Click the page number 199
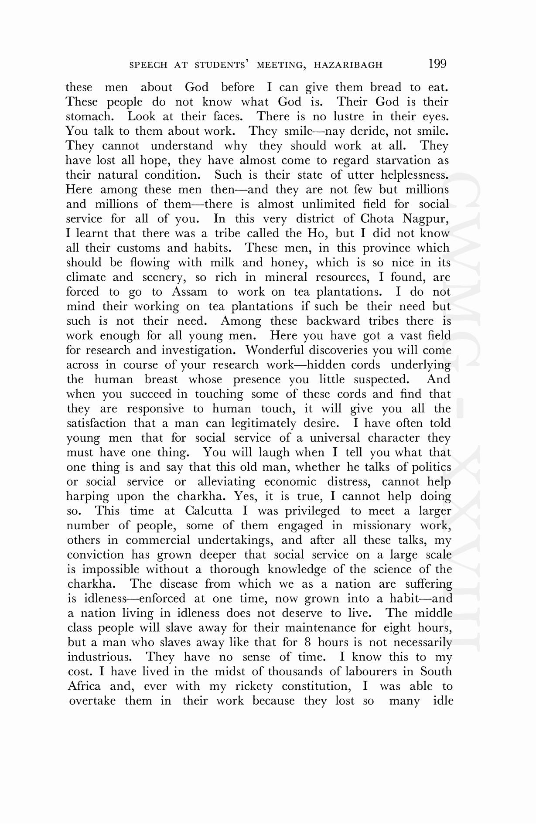[x=437, y=64]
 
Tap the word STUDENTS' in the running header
[x=221, y=65]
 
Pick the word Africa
[x=84, y=686]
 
